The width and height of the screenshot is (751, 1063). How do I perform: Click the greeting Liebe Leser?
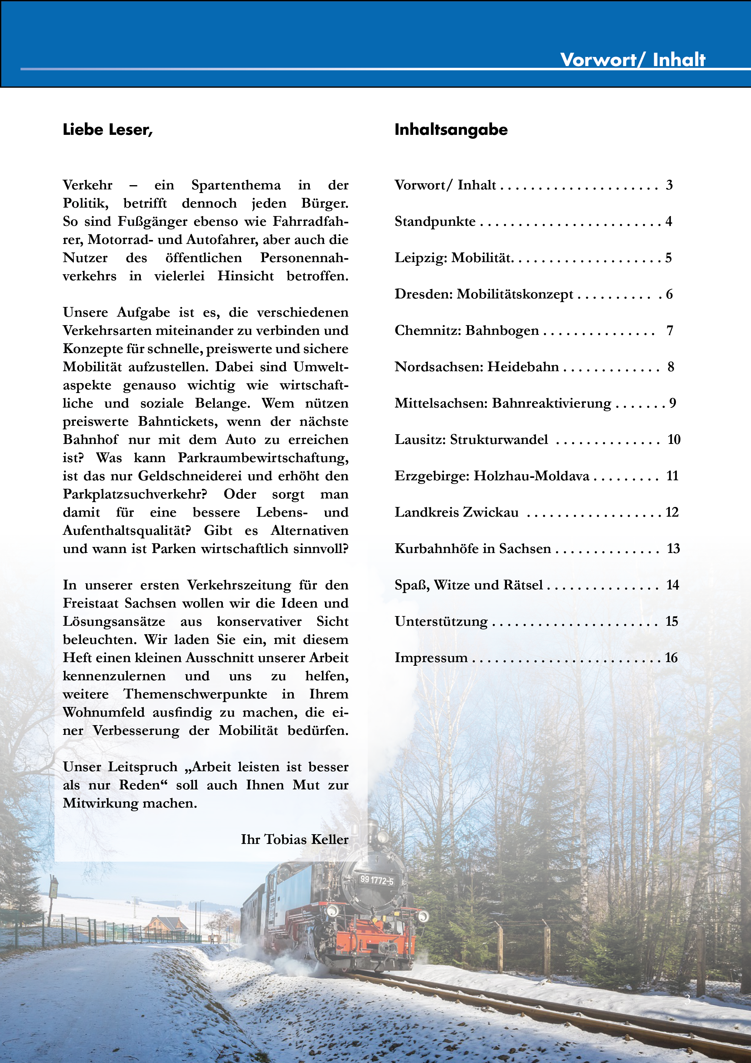pos(108,130)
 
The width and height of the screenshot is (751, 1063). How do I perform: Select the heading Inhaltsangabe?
pos(451,130)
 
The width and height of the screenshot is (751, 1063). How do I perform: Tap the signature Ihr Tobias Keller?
pos(294,839)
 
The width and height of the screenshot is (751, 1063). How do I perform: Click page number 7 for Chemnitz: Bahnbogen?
pos(670,331)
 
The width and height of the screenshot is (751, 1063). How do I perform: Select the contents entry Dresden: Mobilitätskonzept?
pos(484,295)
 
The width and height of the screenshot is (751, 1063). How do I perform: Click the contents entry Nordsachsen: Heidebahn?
pos(477,367)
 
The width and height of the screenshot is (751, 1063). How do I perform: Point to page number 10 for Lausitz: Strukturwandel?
pos(674,440)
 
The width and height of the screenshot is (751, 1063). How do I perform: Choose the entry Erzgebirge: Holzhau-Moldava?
pos(491,476)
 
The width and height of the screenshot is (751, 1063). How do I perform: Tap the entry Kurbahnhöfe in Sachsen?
pos(472,549)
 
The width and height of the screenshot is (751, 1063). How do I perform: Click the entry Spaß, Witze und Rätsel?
pos(468,585)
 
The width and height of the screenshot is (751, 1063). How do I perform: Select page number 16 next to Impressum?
pos(671,658)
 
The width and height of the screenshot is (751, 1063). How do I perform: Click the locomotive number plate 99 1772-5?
pos(377,880)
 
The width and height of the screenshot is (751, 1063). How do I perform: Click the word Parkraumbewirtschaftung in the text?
pos(263,458)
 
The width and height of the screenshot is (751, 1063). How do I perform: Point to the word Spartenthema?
pos(236,185)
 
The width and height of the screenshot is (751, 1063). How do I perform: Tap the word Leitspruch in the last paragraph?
pos(143,767)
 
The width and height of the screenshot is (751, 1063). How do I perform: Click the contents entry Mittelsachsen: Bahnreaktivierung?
pos(502,403)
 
